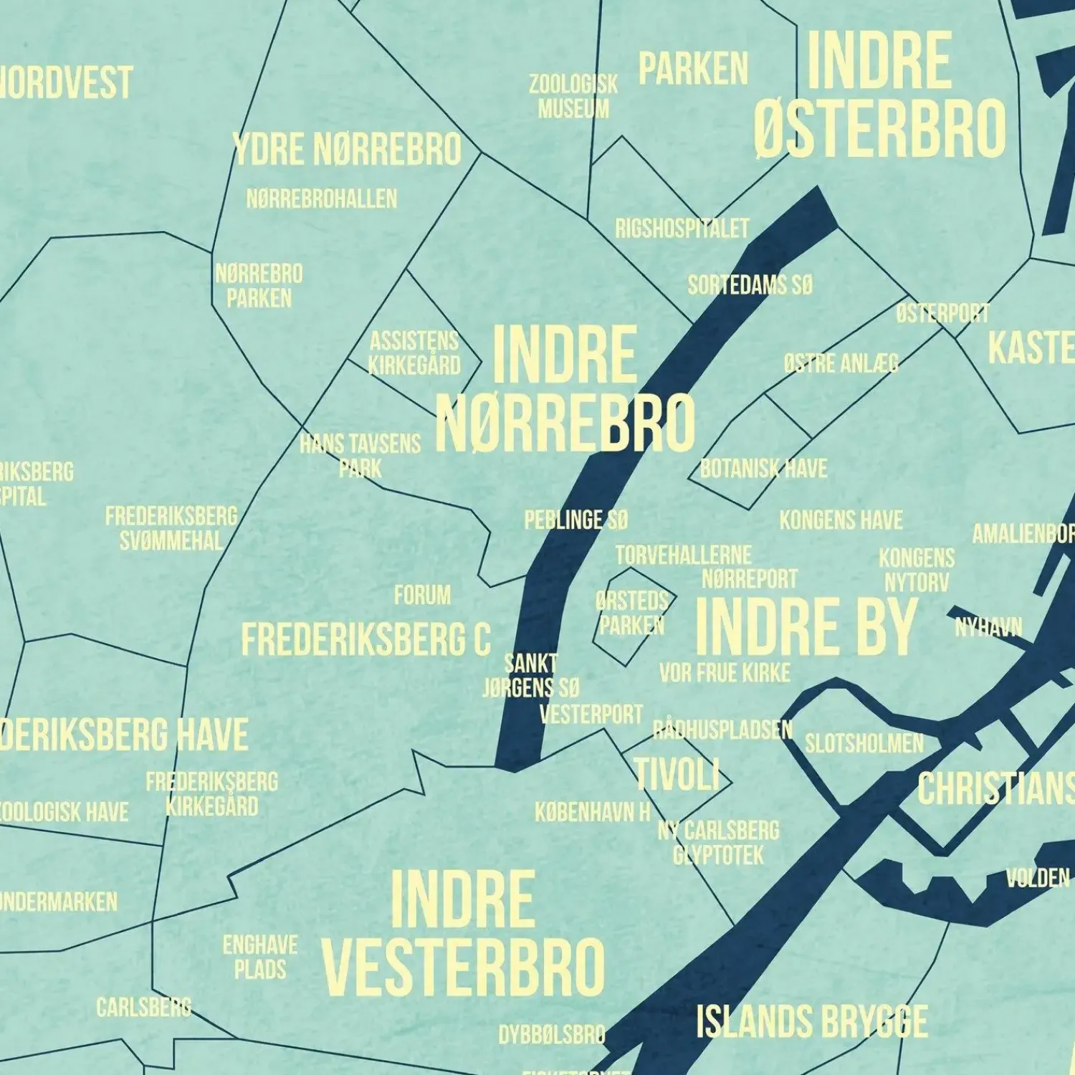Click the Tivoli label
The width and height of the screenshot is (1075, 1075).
point(677,775)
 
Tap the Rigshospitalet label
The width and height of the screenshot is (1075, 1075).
point(682,229)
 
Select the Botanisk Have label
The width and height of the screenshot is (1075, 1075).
point(763,469)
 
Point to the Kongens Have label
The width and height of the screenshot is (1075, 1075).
point(841,520)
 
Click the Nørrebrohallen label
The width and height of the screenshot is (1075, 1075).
point(321,199)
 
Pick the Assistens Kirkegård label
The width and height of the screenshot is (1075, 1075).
point(414,353)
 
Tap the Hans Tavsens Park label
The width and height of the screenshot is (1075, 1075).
point(360,456)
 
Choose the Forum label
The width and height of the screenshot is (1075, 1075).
point(422,595)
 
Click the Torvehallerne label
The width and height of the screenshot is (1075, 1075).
point(683,555)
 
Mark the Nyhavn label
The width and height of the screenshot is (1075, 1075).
point(988,628)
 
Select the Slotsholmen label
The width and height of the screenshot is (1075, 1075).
point(864,743)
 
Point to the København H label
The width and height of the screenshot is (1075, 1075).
point(593,812)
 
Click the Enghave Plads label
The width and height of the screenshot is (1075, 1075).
point(259,957)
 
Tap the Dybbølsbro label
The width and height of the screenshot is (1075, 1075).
point(552,1034)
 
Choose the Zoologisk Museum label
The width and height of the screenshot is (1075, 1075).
point(573,97)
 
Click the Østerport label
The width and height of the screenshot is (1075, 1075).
point(942,313)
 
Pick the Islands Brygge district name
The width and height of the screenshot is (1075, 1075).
point(811,1021)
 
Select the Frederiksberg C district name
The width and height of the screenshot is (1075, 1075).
point(365,639)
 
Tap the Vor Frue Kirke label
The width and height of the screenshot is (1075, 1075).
point(725,672)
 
